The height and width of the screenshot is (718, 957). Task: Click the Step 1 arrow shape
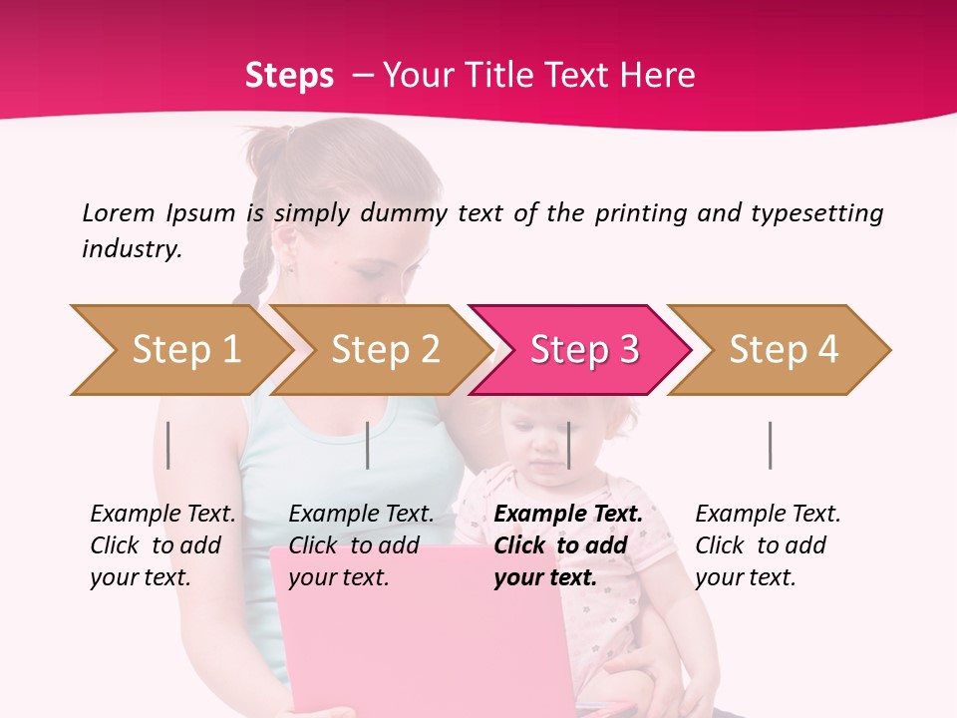click(x=179, y=350)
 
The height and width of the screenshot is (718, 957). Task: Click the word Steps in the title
click(x=289, y=76)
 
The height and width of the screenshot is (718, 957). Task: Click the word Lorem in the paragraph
click(x=119, y=213)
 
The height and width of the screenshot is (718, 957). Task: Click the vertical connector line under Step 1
click(x=168, y=445)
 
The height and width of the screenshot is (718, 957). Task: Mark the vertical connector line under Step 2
click(x=368, y=445)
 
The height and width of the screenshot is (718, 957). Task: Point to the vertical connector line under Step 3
click(x=568, y=445)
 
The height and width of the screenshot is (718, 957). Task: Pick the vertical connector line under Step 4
click(x=770, y=445)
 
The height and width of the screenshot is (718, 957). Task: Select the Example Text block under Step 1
click(x=162, y=545)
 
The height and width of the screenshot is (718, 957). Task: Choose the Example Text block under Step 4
click(x=768, y=545)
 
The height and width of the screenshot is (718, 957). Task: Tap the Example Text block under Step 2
click(x=361, y=545)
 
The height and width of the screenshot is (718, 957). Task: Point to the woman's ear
click(x=286, y=244)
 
